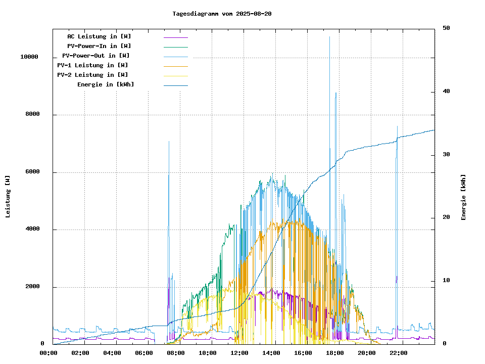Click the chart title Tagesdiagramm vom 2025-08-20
pos(222,14)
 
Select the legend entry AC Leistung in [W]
pos(99,36)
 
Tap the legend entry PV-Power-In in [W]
pos(99,46)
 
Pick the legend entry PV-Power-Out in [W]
pos(96,56)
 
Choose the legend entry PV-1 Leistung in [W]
pos(92,65)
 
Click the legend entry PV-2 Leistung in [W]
pos(92,75)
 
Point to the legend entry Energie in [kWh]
pos(106,84)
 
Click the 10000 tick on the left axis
pos(29,57)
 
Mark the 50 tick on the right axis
pos(446,28)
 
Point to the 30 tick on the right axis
pos(446,155)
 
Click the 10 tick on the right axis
pos(446,281)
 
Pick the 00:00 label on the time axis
pos(48,353)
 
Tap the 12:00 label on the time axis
pos(239,353)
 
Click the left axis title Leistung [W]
pos(8,197)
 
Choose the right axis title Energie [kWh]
pos(463,197)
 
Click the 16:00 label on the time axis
pos(303,353)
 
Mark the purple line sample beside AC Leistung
pos(175,37)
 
